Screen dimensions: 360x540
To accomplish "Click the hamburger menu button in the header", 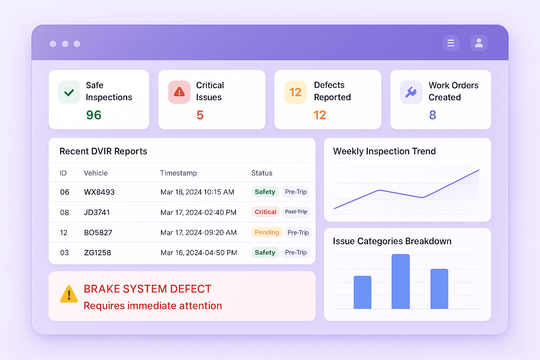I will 451,43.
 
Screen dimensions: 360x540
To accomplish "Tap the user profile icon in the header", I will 478,43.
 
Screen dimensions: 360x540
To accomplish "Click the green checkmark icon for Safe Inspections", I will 69,92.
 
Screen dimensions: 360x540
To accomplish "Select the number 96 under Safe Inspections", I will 94,115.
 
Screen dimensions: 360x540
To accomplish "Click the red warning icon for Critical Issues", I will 179,92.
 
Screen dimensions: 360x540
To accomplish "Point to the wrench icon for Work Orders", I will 411,92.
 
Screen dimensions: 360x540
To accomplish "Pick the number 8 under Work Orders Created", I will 432,115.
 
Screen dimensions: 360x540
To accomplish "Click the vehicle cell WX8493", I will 99,192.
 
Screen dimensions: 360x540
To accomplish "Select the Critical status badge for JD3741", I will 265,212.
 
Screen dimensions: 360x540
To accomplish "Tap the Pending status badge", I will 267,232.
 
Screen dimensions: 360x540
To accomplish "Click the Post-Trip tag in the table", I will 296,212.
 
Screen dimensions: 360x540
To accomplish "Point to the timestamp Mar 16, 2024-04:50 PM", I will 199,253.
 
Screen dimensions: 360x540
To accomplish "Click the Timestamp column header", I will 178,173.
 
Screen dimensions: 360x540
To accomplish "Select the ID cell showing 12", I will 64,233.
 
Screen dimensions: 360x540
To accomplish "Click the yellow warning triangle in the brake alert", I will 69,294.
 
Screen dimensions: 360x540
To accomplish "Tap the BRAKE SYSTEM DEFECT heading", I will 148,289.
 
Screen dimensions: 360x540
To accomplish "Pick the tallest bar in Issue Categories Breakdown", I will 400,281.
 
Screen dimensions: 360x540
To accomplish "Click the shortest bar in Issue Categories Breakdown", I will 362,292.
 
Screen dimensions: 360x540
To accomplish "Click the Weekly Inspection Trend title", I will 384,151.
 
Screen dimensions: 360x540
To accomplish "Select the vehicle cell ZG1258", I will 97,253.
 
